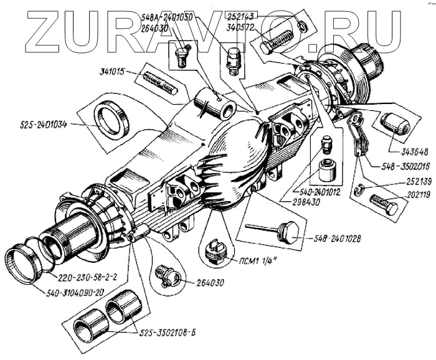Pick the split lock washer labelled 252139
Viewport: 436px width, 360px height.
[360, 191]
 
